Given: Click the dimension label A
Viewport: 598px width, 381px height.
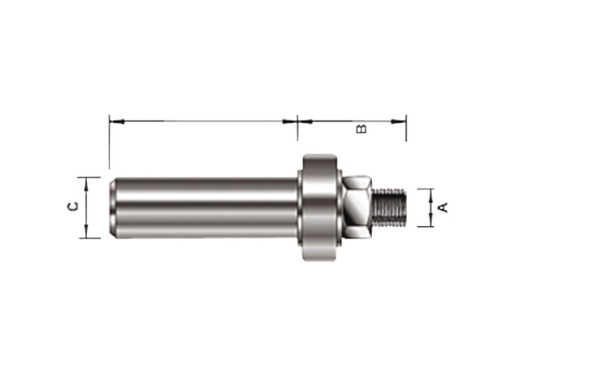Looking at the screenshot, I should pyautogui.click(x=444, y=207).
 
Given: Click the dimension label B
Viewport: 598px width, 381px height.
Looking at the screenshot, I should pyautogui.click(x=361, y=129).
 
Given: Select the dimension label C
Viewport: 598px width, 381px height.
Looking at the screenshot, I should pyautogui.click(x=74, y=206).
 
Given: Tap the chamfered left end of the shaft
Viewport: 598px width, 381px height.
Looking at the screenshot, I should pyautogui.click(x=113, y=207).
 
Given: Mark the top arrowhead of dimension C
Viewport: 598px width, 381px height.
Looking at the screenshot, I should pyautogui.click(x=87, y=181).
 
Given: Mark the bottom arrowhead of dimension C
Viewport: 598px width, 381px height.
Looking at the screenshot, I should pyautogui.click(x=87, y=234).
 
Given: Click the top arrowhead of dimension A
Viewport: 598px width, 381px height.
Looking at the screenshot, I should pyautogui.click(x=431, y=191).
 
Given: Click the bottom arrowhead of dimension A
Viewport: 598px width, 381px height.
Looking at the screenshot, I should pyautogui.click(x=431, y=222).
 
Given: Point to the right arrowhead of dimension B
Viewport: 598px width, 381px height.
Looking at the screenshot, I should pyautogui.click(x=401, y=119).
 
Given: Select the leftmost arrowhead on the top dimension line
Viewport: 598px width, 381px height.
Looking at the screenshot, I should pyautogui.click(x=113, y=119).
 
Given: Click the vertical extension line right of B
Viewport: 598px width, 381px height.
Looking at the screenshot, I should pyautogui.click(x=406, y=128).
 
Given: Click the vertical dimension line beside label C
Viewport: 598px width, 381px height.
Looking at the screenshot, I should pyautogui.click(x=87, y=207).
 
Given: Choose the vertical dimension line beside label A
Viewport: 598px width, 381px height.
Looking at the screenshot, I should pyautogui.click(x=431, y=207).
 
